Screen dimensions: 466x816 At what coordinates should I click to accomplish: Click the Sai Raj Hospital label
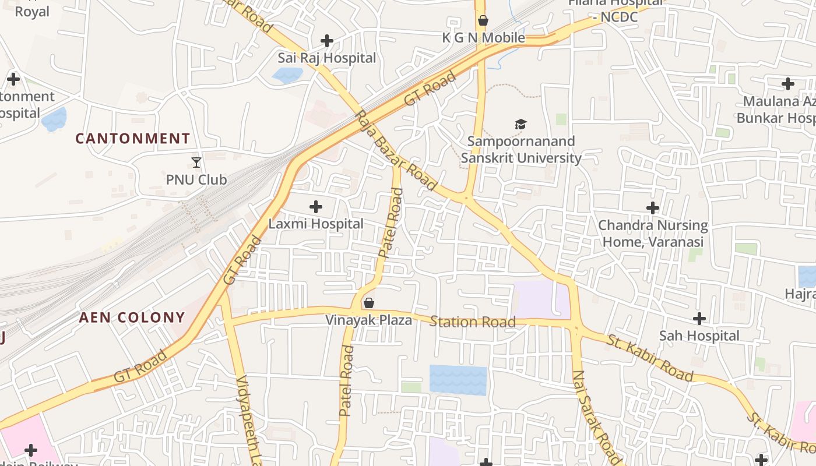326,58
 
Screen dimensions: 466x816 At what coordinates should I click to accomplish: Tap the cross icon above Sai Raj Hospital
327,41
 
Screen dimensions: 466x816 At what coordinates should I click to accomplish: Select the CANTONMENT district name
133,139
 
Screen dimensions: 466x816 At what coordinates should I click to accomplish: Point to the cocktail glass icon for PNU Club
196,163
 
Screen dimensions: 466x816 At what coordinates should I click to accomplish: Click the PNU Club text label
196,179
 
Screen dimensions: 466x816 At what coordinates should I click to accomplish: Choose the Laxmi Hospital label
316,224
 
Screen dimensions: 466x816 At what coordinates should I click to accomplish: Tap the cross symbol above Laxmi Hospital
315,207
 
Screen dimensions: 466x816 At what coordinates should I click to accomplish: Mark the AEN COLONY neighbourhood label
132,318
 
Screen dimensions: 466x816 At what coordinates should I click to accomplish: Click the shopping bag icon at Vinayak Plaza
368,303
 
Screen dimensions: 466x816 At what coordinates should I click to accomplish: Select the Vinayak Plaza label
368,320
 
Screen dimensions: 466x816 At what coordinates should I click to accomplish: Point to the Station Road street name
473,322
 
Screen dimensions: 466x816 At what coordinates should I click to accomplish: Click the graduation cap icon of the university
520,124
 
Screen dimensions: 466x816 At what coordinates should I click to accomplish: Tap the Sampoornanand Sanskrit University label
521,150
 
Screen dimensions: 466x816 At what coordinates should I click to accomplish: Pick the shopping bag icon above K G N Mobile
483,21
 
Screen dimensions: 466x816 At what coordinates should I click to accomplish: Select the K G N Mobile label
483,38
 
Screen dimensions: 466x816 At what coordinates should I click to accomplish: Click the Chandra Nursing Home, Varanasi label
653,233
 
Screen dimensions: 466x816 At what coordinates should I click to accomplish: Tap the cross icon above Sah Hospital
699,319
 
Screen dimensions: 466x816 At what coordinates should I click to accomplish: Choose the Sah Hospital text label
699,336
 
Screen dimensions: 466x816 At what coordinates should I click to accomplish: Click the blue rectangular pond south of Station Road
458,380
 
